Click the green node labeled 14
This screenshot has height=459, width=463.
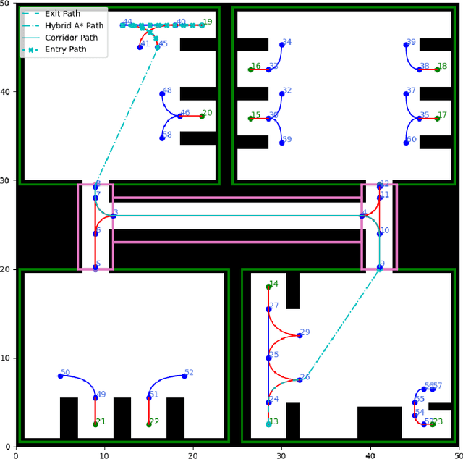(x=268, y=287)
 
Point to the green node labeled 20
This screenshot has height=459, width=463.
(x=202, y=116)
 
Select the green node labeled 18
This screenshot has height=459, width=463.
(x=437, y=70)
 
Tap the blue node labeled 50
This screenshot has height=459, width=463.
(x=60, y=376)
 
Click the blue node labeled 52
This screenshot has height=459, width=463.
(x=184, y=376)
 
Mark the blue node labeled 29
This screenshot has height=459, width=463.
(x=300, y=335)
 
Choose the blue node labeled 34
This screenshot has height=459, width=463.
(x=282, y=45)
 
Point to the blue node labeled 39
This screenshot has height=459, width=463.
(x=407, y=45)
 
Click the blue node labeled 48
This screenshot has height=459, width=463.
(x=162, y=93)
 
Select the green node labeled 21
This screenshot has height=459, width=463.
(x=95, y=424)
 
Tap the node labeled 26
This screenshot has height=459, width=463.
(x=300, y=379)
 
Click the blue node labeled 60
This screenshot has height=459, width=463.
(x=407, y=143)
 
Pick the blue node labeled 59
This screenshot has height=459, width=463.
(x=282, y=143)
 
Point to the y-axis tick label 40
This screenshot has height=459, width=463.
(x=7, y=92)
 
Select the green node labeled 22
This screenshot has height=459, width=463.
(x=148, y=424)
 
